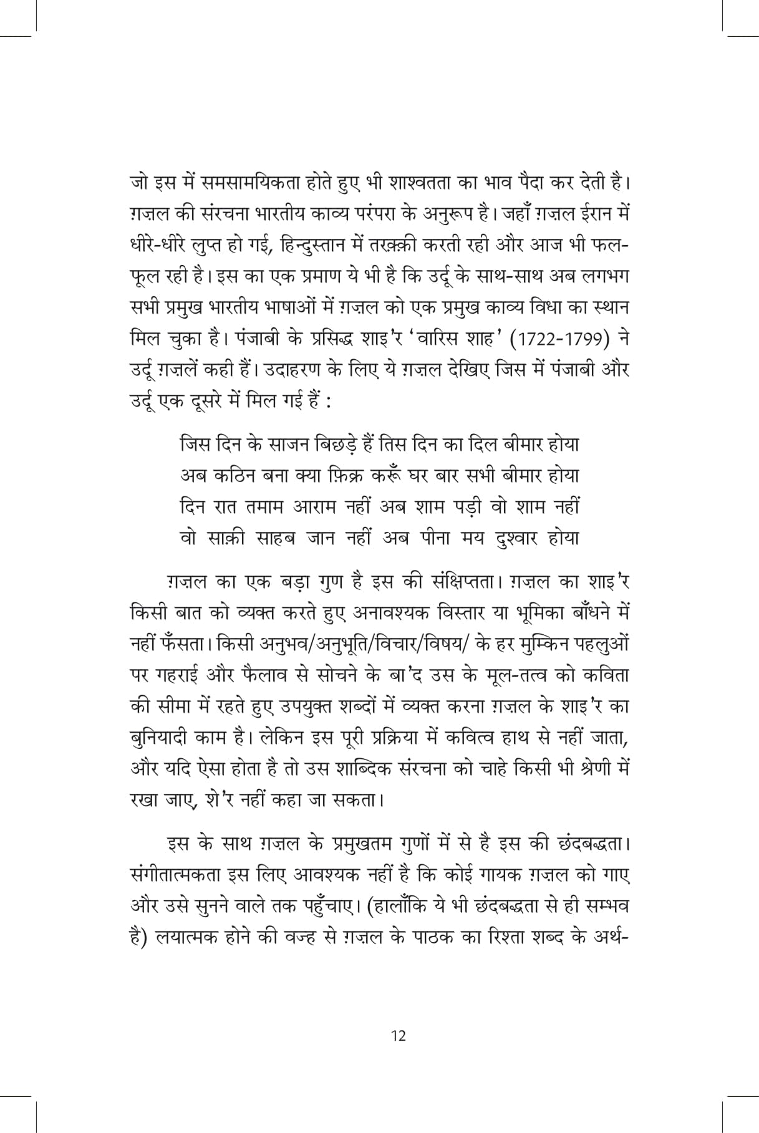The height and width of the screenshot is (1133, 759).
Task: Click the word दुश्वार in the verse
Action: (516, 538)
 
